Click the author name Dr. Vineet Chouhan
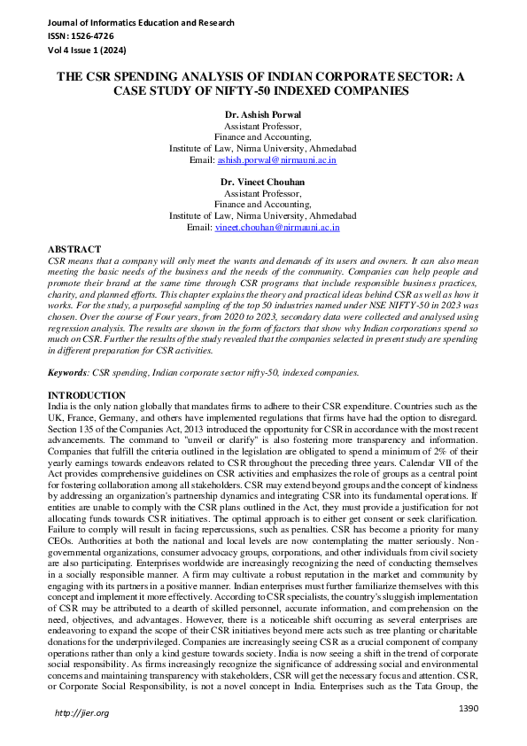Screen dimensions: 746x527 [x=262, y=182]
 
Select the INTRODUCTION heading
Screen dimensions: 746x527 [x=86, y=394]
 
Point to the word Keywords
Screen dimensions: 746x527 [x=69, y=373]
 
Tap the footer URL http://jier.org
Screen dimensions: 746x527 [x=81, y=712]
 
